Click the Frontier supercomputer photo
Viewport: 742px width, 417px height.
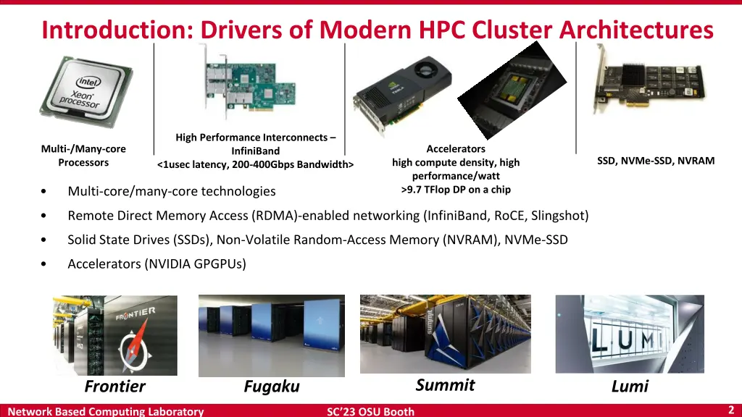[114, 334]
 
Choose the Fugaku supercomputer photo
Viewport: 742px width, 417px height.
[271, 334]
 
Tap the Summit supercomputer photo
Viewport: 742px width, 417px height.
[445, 334]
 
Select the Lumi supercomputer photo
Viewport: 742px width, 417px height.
[629, 334]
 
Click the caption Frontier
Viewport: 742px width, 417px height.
[114, 387]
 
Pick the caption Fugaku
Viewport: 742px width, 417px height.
[271, 387]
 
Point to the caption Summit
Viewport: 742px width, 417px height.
[445, 384]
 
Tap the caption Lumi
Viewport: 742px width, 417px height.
[629, 387]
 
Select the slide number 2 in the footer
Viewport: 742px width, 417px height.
[731, 410]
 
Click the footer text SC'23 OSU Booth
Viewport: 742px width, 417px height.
[370, 411]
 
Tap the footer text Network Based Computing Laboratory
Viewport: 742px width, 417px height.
[106, 411]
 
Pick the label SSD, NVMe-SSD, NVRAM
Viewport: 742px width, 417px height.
[656, 161]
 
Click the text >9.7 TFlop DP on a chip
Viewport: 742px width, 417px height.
[456, 190]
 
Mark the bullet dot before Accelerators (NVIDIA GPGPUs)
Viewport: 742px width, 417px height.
[46, 264]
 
